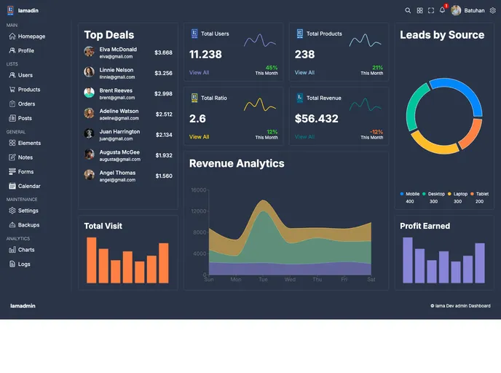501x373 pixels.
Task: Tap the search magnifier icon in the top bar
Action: (x=408, y=11)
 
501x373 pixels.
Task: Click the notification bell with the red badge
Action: (x=442, y=10)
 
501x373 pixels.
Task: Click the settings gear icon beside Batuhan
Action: (x=493, y=11)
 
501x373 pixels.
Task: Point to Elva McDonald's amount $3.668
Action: (x=163, y=52)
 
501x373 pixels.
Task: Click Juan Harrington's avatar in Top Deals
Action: (x=89, y=134)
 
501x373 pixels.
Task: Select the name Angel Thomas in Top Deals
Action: (x=117, y=173)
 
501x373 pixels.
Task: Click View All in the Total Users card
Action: (x=199, y=73)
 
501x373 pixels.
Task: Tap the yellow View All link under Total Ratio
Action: (x=199, y=137)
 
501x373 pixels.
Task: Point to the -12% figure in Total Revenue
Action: (x=376, y=132)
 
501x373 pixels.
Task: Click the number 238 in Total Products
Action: (x=304, y=55)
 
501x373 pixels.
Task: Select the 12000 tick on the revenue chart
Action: (x=199, y=211)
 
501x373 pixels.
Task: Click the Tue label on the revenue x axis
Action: (x=263, y=280)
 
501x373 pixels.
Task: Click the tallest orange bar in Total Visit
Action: (x=92, y=260)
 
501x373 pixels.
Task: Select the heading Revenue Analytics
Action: (x=237, y=163)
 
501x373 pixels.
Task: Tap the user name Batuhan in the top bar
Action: (x=474, y=11)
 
